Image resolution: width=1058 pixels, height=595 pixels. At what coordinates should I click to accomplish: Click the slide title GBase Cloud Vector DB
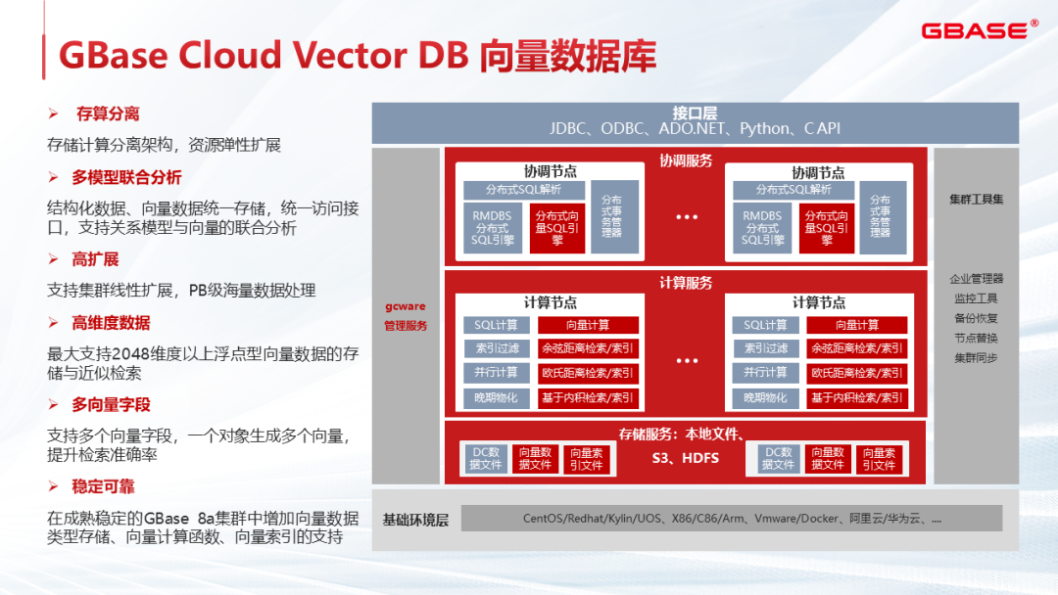(x=358, y=55)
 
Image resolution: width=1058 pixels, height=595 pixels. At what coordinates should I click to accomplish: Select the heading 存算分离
(x=108, y=114)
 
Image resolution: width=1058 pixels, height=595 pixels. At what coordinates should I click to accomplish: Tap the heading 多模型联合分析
(x=126, y=177)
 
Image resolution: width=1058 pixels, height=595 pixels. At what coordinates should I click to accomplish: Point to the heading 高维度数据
(x=111, y=323)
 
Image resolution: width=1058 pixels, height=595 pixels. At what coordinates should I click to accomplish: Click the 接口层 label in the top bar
(x=695, y=112)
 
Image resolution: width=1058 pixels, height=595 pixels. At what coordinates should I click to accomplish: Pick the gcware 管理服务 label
(x=406, y=316)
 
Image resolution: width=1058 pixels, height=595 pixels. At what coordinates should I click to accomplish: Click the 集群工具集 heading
(x=976, y=199)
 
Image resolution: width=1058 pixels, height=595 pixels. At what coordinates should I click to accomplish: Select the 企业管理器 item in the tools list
(x=976, y=279)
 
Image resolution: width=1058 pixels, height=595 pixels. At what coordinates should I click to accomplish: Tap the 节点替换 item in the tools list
(x=976, y=338)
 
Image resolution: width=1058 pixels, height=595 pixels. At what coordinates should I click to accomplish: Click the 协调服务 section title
(x=686, y=160)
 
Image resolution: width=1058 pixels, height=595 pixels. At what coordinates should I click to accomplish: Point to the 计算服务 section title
(x=686, y=283)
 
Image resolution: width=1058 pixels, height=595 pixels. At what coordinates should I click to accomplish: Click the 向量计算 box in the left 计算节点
(x=588, y=325)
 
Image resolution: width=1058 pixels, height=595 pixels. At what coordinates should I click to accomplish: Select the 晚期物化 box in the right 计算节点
(x=765, y=398)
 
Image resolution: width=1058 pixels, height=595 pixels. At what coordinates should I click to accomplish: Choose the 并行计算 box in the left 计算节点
(x=496, y=373)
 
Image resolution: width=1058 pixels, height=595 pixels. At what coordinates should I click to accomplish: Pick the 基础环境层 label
(x=415, y=520)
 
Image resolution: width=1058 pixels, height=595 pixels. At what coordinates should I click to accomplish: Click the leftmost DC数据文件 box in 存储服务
(x=487, y=458)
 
